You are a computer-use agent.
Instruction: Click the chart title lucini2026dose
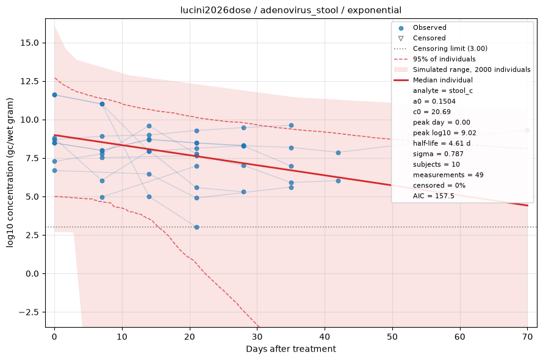[x=215, y=10]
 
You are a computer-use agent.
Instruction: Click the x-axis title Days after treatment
[x=291, y=348]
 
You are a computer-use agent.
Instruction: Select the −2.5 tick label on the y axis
[x=29, y=312]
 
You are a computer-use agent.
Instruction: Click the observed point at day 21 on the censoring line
[x=196, y=228]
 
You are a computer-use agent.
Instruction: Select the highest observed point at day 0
[x=54, y=95]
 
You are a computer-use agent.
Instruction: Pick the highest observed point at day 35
[x=291, y=126]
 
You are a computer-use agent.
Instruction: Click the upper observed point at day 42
[x=339, y=153]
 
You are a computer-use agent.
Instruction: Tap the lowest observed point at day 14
[x=149, y=197]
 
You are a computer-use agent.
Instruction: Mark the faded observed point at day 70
[x=527, y=131]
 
